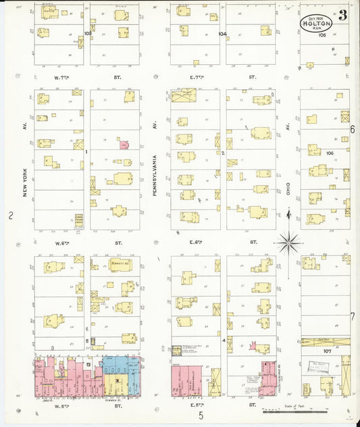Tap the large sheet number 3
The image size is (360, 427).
click(x=343, y=17)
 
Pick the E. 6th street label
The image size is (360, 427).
click(x=197, y=242)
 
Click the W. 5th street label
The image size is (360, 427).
click(x=63, y=405)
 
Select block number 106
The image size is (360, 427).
click(x=330, y=153)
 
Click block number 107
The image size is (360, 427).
click(x=327, y=351)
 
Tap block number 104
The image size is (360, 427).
click(x=222, y=33)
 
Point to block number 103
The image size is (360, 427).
click(x=87, y=33)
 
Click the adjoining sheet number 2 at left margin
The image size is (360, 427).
click(x=10, y=216)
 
